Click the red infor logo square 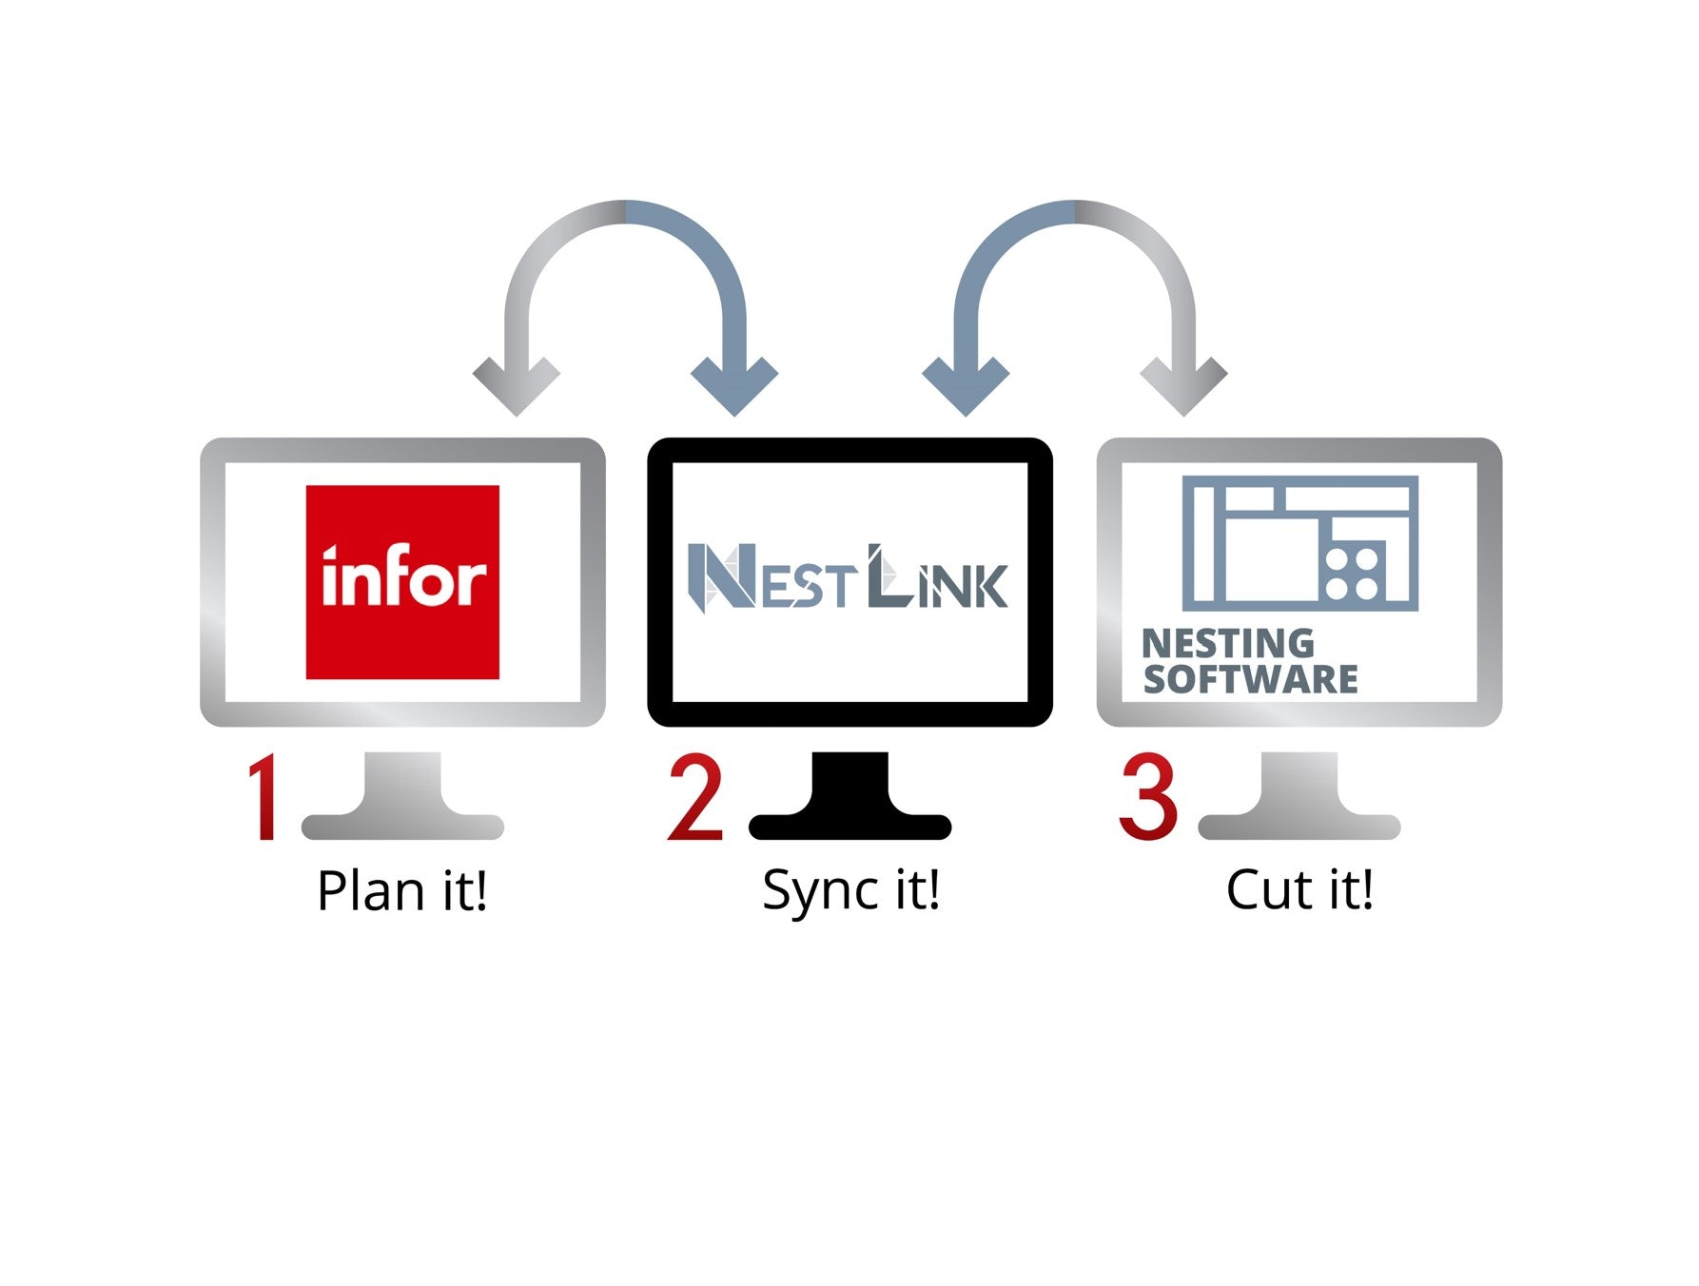[402, 582]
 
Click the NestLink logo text [848, 576]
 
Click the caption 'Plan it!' [402, 891]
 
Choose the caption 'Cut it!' [1299, 890]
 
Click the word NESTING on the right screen [1228, 644]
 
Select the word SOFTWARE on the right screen [1250, 679]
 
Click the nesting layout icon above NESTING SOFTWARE [1299, 543]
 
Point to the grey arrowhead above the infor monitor [517, 385]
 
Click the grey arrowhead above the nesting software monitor [1184, 385]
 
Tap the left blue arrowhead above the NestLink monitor [734, 385]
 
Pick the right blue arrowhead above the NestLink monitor [966, 385]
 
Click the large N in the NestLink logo [721, 576]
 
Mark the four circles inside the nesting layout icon [1353, 574]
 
